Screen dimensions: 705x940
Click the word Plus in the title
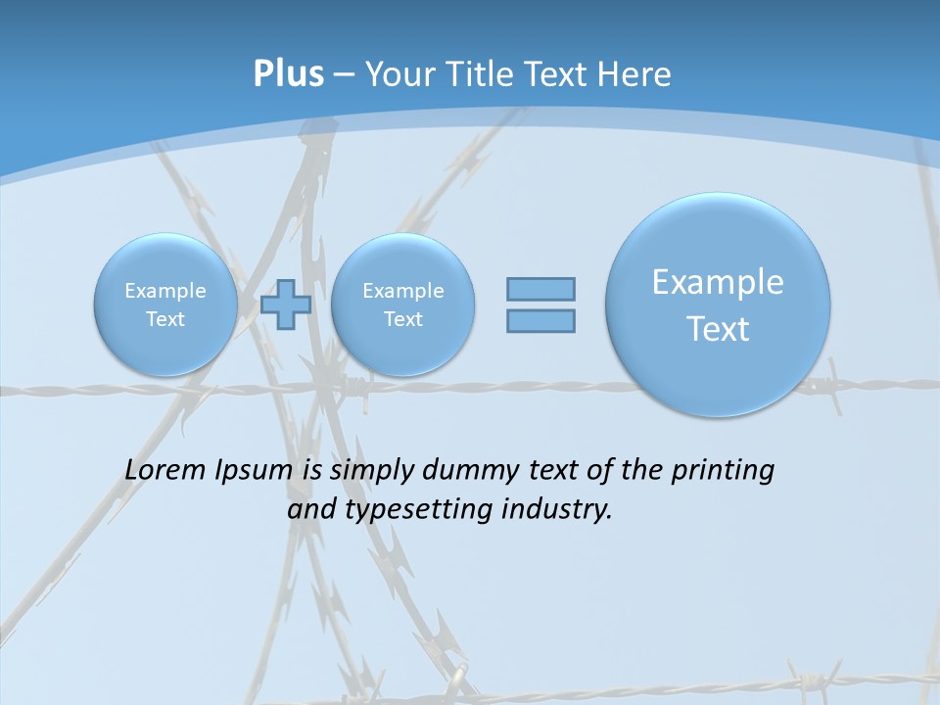pos(288,74)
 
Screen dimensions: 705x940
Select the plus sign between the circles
pos(286,305)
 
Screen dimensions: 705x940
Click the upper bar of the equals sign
pos(540,289)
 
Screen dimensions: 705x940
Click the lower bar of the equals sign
pos(540,320)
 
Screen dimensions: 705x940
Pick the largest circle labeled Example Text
pos(718,305)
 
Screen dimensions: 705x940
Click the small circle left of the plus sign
pos(165,305)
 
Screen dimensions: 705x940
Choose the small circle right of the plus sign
pos(402,305)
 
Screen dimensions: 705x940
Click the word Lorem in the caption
pos(165,470)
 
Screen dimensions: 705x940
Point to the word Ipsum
pos(254,471)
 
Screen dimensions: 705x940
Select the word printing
pos(722,471)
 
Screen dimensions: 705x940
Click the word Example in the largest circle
pos(718,282)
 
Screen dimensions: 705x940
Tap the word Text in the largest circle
pos(718,329)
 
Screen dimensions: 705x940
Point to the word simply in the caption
pos(372,471)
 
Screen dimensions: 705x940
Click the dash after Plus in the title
pos(344,74)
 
